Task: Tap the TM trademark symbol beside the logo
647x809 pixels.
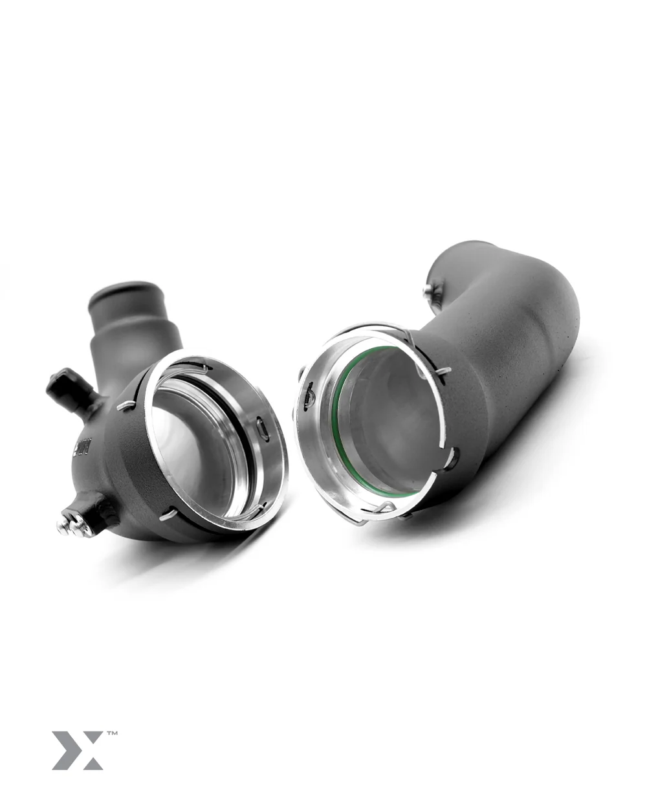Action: pos(111,734)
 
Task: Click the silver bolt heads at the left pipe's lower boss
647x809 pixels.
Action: pos(72,525)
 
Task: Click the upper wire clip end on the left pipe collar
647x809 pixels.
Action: pos(126,406)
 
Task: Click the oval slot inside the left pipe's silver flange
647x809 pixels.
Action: pos(263,428)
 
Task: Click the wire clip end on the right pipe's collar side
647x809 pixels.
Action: pos(443,371)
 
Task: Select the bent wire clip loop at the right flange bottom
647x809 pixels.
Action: pos(382,511)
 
